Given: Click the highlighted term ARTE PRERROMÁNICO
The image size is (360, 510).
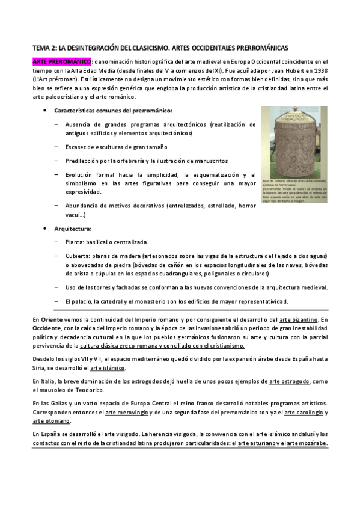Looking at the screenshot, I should tap(61, 61).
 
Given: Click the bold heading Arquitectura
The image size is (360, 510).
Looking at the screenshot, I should tap(73, 229).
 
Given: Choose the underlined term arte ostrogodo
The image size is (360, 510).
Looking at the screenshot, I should tap(290, 382).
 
